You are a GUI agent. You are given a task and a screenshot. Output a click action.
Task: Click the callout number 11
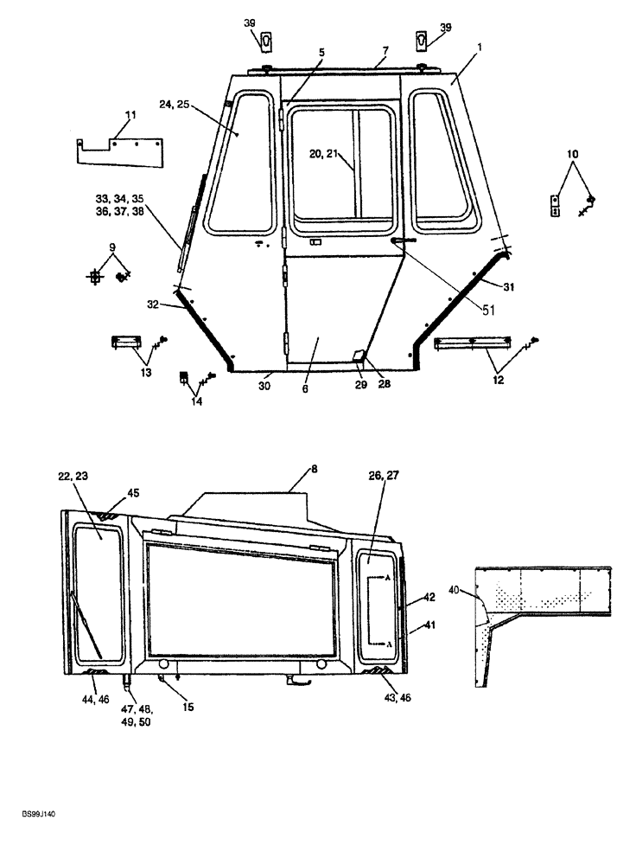click(x=130, y=114)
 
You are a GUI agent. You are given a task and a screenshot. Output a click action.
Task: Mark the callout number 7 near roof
click(x=386, y=50)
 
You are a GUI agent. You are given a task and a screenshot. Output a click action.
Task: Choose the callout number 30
click(x=264, y=386)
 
